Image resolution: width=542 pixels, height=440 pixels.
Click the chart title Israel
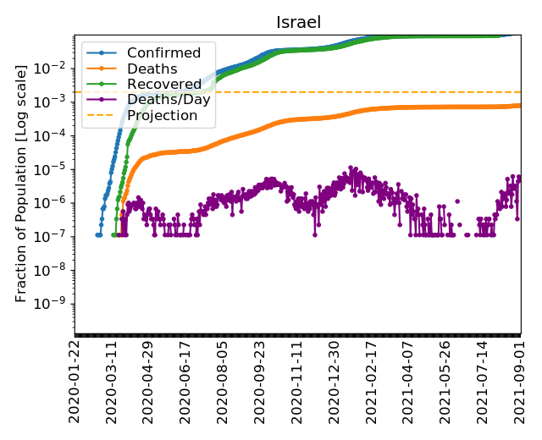(299, 22)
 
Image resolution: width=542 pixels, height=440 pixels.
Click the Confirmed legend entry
(163, 53)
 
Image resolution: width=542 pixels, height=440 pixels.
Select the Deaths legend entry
(152, 69)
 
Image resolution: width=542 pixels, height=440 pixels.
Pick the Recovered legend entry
(164, 85)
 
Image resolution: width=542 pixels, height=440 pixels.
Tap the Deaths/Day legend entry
(169, 100)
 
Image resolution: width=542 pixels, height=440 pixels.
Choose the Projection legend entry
(162, 115)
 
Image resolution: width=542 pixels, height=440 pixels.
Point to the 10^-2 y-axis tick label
(55, 67)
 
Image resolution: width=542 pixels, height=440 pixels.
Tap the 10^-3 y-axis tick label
(55, 101)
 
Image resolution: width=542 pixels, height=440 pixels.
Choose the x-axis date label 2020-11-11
(297, 381)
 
